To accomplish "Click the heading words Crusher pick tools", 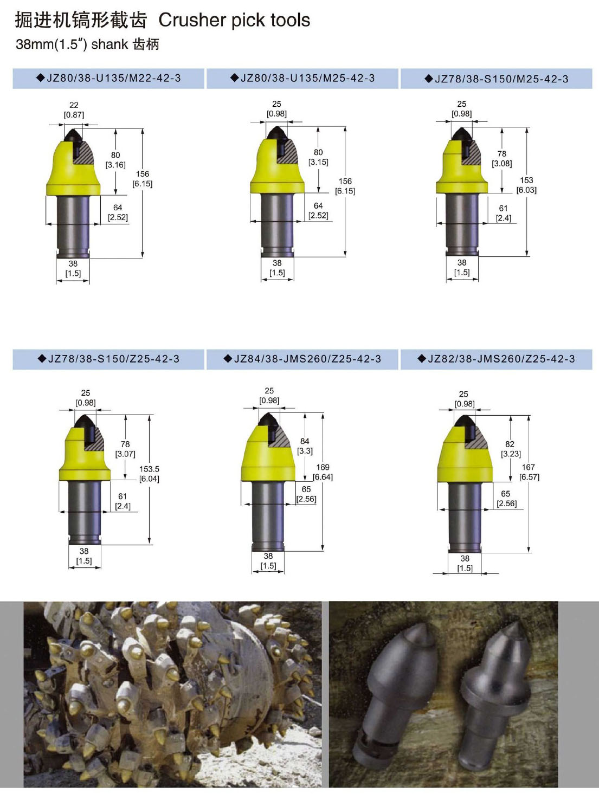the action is click(234, 21).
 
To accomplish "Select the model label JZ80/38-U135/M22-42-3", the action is click(114, 78).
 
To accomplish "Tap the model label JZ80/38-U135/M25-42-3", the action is click(307, 78).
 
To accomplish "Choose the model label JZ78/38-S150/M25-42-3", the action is click(501, 79).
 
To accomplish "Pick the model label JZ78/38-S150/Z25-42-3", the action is click(114, 359).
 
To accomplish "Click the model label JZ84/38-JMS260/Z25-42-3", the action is click(307, 359).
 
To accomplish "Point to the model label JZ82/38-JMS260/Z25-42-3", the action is click(501, 359).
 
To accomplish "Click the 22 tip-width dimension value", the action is click(74, 105).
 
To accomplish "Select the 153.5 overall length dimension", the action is click(150, 469).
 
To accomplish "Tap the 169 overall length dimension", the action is click(323, 467).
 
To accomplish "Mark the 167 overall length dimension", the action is click(529, 467).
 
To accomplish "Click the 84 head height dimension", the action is click(305, 441).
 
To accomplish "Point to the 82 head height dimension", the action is click(510, 444).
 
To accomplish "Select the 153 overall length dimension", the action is click(527, 180).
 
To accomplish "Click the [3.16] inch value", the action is click(115, 165).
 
